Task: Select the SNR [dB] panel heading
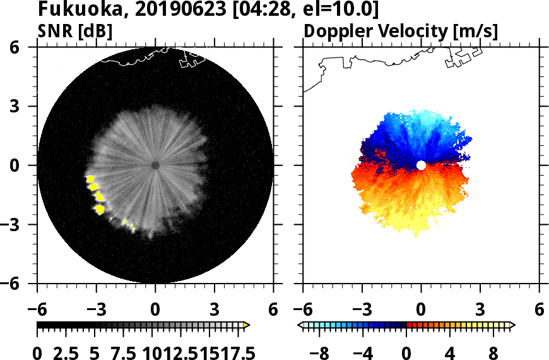click(x=76, y=30)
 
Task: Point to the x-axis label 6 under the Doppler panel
click(x=539, y=310)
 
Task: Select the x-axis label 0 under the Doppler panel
click(x=421, y=310)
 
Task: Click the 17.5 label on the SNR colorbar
click(x=233, y=352)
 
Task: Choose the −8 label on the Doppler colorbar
click(x=321, y=352)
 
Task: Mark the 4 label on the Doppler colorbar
click(x=451, y=352)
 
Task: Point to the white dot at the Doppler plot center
click(x=421, y=165)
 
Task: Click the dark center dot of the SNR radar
click(x=155, y=165)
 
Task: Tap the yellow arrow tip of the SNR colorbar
click(x=247, y=325)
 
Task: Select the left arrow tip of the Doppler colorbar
click(x=300, y=325)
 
